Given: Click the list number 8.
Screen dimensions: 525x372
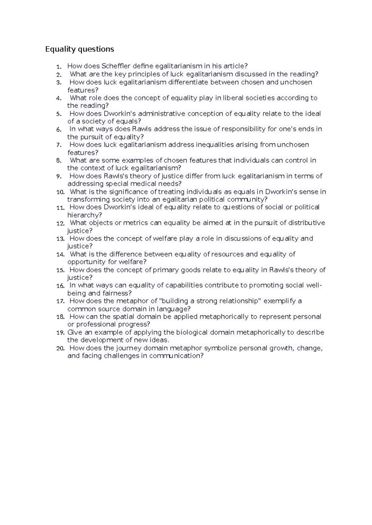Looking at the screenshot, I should (x=59, y=161).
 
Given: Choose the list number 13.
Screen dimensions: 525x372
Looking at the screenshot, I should (x=60, y=239).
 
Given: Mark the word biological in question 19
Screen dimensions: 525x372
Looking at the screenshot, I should (x=192, y=332).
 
